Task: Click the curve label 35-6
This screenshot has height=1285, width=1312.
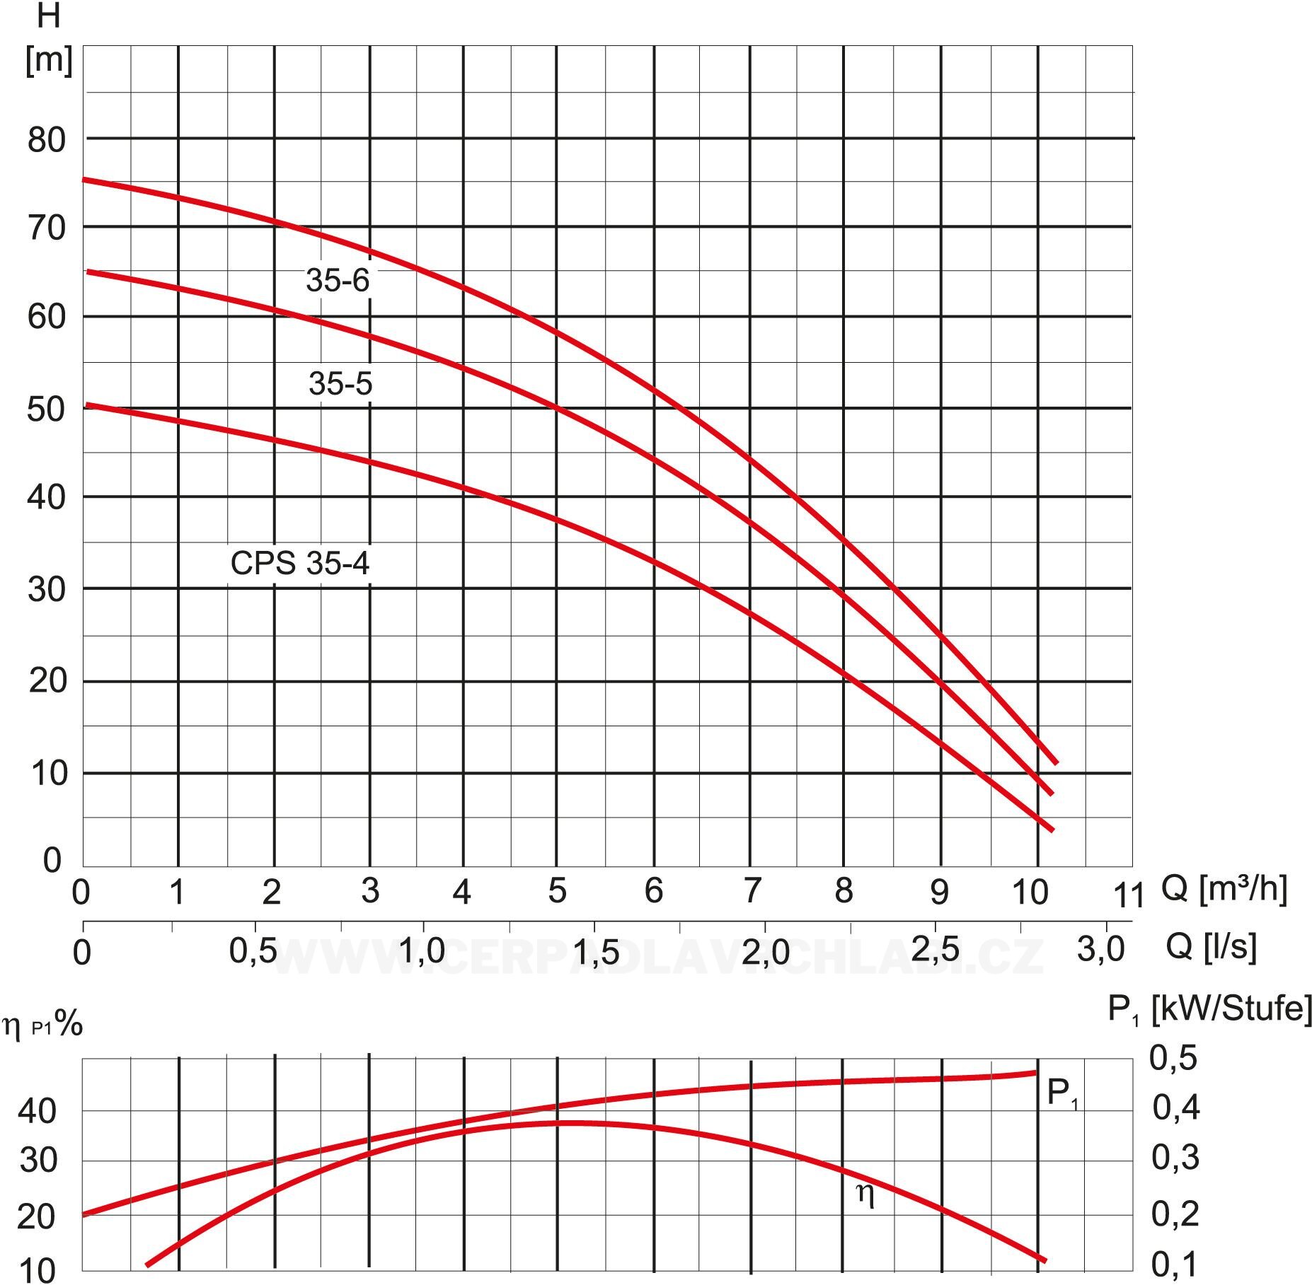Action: click(x=338, y=280)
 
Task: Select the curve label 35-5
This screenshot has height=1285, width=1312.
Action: click(x=340, y=383)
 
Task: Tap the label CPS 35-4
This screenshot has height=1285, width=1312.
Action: click(x=300, y=564)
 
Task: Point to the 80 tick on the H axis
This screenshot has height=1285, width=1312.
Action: click(x=47, y=140)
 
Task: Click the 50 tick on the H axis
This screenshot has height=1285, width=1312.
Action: click(x=47, y=409)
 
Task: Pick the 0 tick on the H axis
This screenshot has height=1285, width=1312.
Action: click(x=52, y=861)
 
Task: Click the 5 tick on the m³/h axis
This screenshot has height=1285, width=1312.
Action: click(x=557, y=891)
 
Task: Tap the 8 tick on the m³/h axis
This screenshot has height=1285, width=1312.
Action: click(x=844, y=891)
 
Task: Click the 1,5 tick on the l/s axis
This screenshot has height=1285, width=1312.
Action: click(x=595, y=953)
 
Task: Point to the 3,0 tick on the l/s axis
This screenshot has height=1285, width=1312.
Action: click(x=1101, y=949)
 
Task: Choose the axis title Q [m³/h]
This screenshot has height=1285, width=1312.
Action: click(x=1224, y=889)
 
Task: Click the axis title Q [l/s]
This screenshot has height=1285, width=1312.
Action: click(x=1211, y=946)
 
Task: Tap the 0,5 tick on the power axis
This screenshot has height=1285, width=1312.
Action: click(x=1173, y=1058)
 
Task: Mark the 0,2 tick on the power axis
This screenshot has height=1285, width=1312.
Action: click(x=1175, y=1214)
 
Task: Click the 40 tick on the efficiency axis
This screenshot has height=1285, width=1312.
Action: click(x=38, y=1112)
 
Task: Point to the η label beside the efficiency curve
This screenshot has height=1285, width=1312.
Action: click(x=865, y=1194)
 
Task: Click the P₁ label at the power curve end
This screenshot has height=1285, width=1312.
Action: click(x=1062, y=1094)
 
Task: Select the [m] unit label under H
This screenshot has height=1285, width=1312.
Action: click(x=49, y=61)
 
